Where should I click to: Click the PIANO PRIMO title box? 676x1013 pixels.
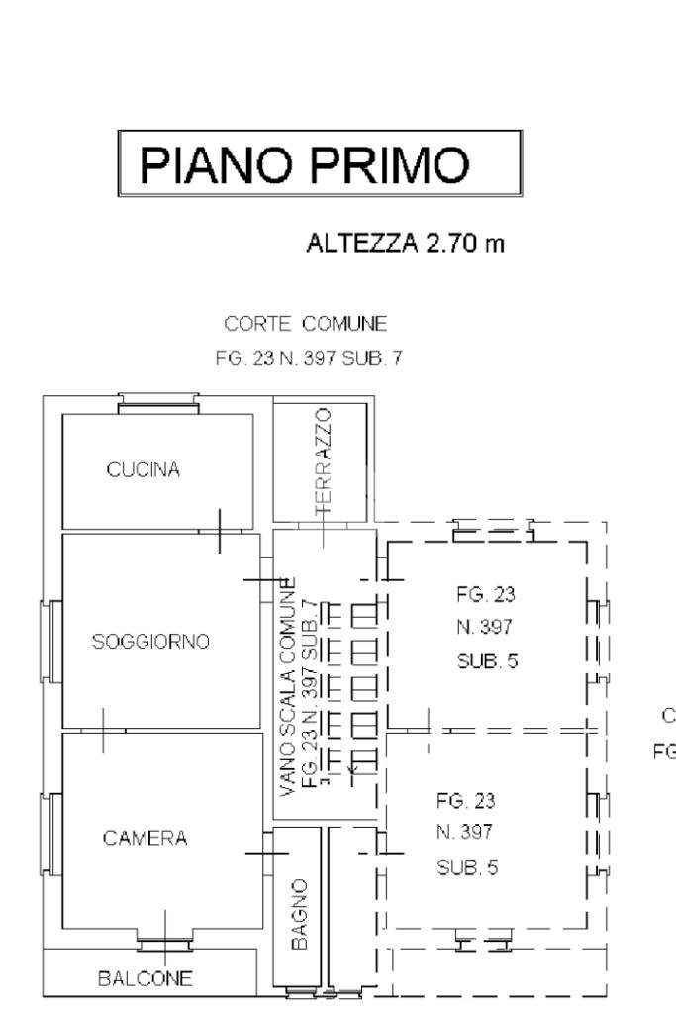[319, 163]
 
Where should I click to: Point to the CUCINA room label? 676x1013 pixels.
[144, 470]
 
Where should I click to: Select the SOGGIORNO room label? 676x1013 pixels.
[151, 642]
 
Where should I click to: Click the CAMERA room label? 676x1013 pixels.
[145, 839]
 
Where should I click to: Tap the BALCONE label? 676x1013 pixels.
[145, 979]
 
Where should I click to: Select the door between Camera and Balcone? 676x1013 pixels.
[164, 942]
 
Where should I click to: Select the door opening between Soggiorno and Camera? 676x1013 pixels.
[103, 731]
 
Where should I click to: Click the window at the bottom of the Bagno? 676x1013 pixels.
[300, 991]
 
